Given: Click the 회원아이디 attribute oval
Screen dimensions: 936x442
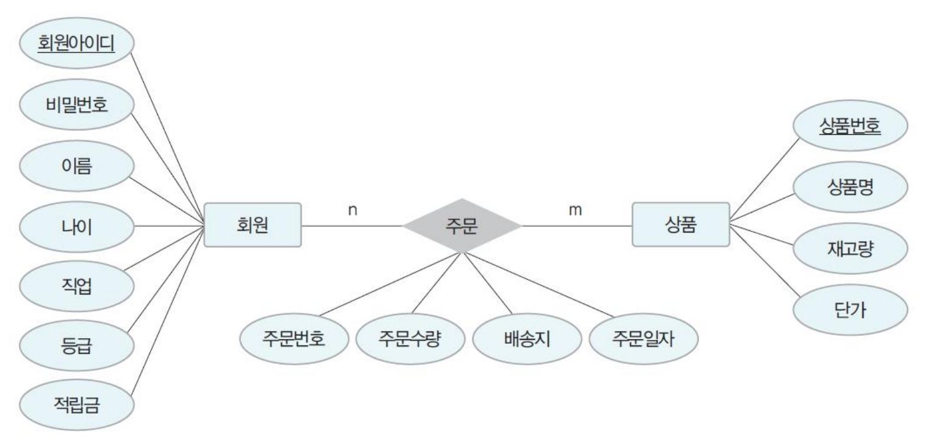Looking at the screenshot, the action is (x=76, y=43).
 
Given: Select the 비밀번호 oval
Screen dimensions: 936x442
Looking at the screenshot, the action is (x=76, y=106).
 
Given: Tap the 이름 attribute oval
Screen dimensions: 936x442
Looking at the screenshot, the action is (x=76, y=166).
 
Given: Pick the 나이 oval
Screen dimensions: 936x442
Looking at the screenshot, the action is (x=76, y=226).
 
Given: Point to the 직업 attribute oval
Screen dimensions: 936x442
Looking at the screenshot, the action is (x=76, y=286).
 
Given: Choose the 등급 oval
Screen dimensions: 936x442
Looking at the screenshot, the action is (x=76, y=345).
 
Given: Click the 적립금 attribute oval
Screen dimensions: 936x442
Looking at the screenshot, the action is (x=76, y=405).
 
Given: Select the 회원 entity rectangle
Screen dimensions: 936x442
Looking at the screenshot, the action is (x=253, y=225).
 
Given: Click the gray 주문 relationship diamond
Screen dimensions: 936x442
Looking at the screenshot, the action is (x=463, y=225).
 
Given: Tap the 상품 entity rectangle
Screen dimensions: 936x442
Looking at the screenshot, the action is (x=680, y=225).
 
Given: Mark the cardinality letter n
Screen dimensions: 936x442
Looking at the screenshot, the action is (x=352, y=210).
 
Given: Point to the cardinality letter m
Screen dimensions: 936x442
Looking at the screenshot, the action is (x=575, y=210).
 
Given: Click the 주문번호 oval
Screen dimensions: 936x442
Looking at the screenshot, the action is (x=294, y=338).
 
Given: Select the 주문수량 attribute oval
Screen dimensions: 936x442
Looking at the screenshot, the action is (x=410, y=338).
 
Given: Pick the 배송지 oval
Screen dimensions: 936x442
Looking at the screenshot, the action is (x=526, y=338).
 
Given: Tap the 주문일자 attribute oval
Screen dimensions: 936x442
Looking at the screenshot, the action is (x=643, y=338).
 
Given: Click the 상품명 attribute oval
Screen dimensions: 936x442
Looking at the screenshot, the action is (x=850, y=188).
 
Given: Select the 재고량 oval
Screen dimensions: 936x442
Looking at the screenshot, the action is (x=850, y=249).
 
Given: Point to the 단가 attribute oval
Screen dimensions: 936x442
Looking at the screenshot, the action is (x=850, y=310).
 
